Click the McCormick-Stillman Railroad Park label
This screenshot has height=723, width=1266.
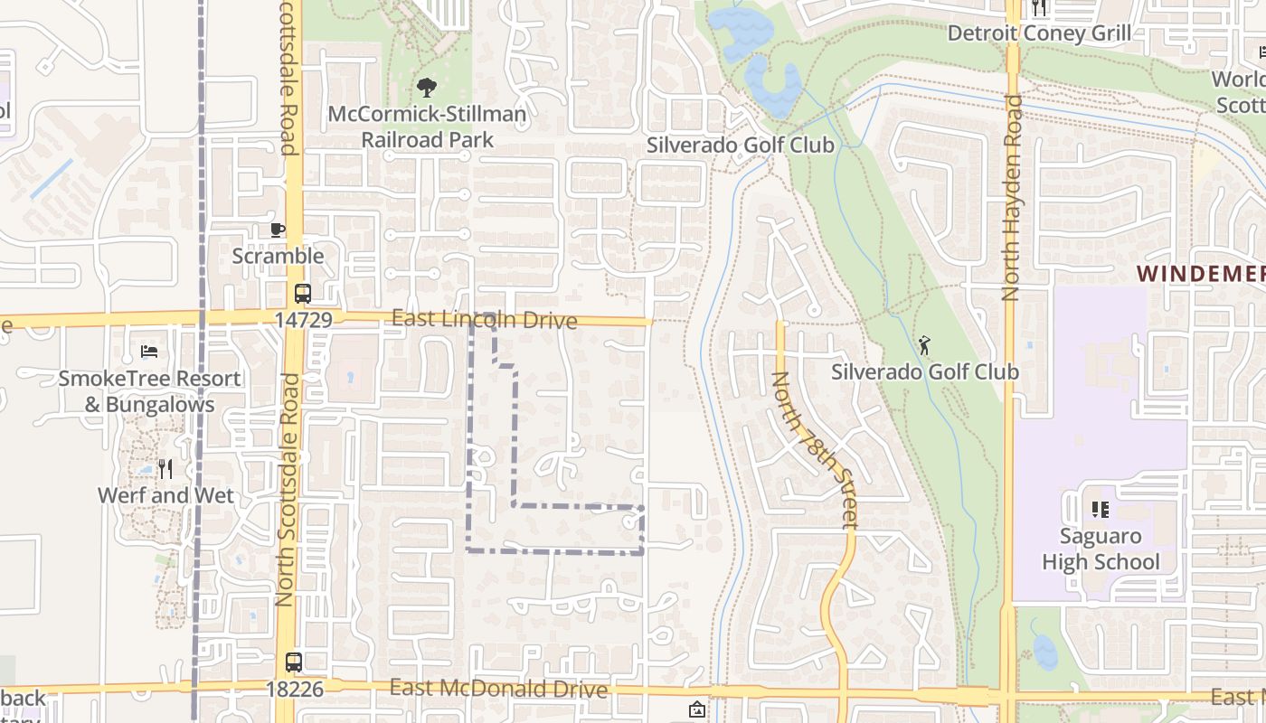pyautogui.click(x=427, y=127)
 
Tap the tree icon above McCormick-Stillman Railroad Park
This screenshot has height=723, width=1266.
pyautogui.click(x=427, y=88)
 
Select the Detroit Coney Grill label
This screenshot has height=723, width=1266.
pyautogui.click(x=1039, y=33)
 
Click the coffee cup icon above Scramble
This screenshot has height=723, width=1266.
pyautogui.click(x=278, y=230)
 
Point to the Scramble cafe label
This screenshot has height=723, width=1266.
pyautogui.click(x=278, y=256)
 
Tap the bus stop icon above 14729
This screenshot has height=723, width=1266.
pyautogui.click(x=303, y=294)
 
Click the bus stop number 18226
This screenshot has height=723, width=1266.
pyautogui.click(x=294, y=689)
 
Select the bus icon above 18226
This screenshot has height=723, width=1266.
pyautogui.click(x=294, y=662)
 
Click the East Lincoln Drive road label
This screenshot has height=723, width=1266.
pyautogui.click(x=484, y=320)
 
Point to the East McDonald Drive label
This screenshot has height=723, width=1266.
pyautogui.click(x=498, y=689)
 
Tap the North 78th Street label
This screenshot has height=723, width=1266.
pyautogui.click(x=813, y=449)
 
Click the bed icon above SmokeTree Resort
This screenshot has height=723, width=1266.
pyautogui.click(x=149, y=351)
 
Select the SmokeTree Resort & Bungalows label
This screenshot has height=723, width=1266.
pyautogui.click(x=149, y=390)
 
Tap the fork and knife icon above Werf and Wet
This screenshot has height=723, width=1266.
pyautogui.click(x=165, y=468)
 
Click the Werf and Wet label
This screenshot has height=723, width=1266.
pyautogui.click(x=165, y=495)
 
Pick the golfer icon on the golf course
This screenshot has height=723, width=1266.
pyautogui.click(x=924, y=344)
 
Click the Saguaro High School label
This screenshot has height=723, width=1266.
pyautogui.click(x=1101, y=549)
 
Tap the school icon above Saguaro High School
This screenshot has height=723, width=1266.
pyautogui.click(x=1101, y=510)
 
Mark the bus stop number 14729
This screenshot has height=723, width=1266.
pyautogui.click(x=304, y=320)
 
